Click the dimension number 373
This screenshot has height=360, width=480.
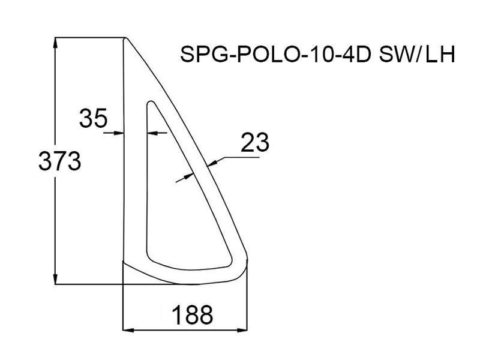[x=59, y=161]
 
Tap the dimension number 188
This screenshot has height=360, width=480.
[x=192, y=315]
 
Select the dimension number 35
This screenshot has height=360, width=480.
[x=94, y=118]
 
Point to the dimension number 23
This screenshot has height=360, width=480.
[x=254, y=142]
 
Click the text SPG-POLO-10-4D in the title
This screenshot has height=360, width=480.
[x=275, y=55]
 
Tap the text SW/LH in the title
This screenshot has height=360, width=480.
[x=417, y=55]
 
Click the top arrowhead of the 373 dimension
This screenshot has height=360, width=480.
[x=55, y=43]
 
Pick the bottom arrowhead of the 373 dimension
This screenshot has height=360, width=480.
[x=55, y=278]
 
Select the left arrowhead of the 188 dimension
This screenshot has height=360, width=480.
[x=128, y=330]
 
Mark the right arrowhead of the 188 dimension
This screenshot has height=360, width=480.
[x=242, y=330]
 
